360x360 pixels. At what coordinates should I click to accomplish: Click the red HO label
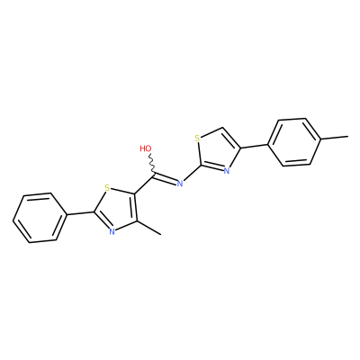[x=146, y=148]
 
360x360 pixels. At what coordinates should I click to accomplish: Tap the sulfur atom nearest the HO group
[x=107, y=189]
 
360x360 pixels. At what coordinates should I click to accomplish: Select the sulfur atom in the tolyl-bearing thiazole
[x=197, y=139]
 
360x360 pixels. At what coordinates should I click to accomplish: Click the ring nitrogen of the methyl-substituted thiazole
[x=112, y=231]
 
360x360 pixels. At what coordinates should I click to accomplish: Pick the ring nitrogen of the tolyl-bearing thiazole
[x=227, y=171]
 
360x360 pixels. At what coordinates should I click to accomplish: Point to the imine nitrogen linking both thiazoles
[x=180, y=184]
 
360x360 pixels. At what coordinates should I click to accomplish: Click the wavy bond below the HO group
[x=152, y=163]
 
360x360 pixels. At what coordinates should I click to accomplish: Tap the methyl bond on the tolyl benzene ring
[x=335, y=138]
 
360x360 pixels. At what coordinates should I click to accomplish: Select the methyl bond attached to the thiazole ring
[x=149, y=228]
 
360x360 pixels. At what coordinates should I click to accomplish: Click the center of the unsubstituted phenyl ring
[x=40, y=218]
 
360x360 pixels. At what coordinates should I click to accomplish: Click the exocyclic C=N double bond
[x=165, y=177]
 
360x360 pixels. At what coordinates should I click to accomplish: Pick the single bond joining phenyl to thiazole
[x=80, y=213]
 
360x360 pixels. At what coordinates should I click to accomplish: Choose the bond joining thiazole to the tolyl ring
[x=254, y=146]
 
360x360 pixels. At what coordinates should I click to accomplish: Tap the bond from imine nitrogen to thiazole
[x=193, y=173]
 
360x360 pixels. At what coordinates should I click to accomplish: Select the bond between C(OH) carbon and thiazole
[x=144, y=184]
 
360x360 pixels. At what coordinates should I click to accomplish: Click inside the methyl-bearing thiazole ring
[x=119, y=209]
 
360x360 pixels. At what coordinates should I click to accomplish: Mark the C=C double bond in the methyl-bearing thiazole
[x=135, y=207]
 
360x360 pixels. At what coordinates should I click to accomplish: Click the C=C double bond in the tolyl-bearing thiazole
[x=230, y=138]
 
